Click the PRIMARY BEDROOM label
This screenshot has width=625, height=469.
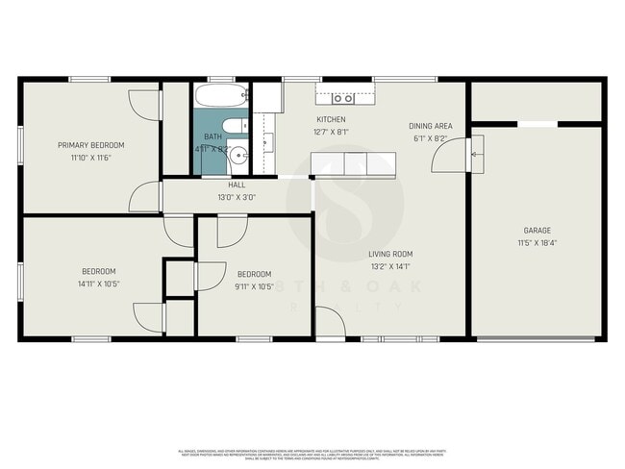pos(91,145)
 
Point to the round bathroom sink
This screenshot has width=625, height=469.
pos(239,156)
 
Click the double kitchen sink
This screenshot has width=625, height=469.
pos(343,97)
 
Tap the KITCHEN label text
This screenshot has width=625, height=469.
pos(331,119)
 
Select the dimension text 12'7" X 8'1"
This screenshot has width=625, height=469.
pos(332,133)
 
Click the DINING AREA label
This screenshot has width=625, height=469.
pos(432,126)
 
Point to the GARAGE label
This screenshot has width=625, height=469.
pos(537,231)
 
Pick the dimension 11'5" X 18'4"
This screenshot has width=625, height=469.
pos(537,243)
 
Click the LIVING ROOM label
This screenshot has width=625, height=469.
pos(390,255)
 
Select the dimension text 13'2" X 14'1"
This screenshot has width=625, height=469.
pos(390,267)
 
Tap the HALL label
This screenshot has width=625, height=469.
pos(237,185)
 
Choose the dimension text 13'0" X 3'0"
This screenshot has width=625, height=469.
pos(237,197)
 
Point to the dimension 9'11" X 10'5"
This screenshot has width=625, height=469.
pos(255,285)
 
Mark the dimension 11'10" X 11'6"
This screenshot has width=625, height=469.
pos(91,158)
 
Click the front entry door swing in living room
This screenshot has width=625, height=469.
pos(329,323)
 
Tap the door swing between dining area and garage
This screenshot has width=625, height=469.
pos(453,153)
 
